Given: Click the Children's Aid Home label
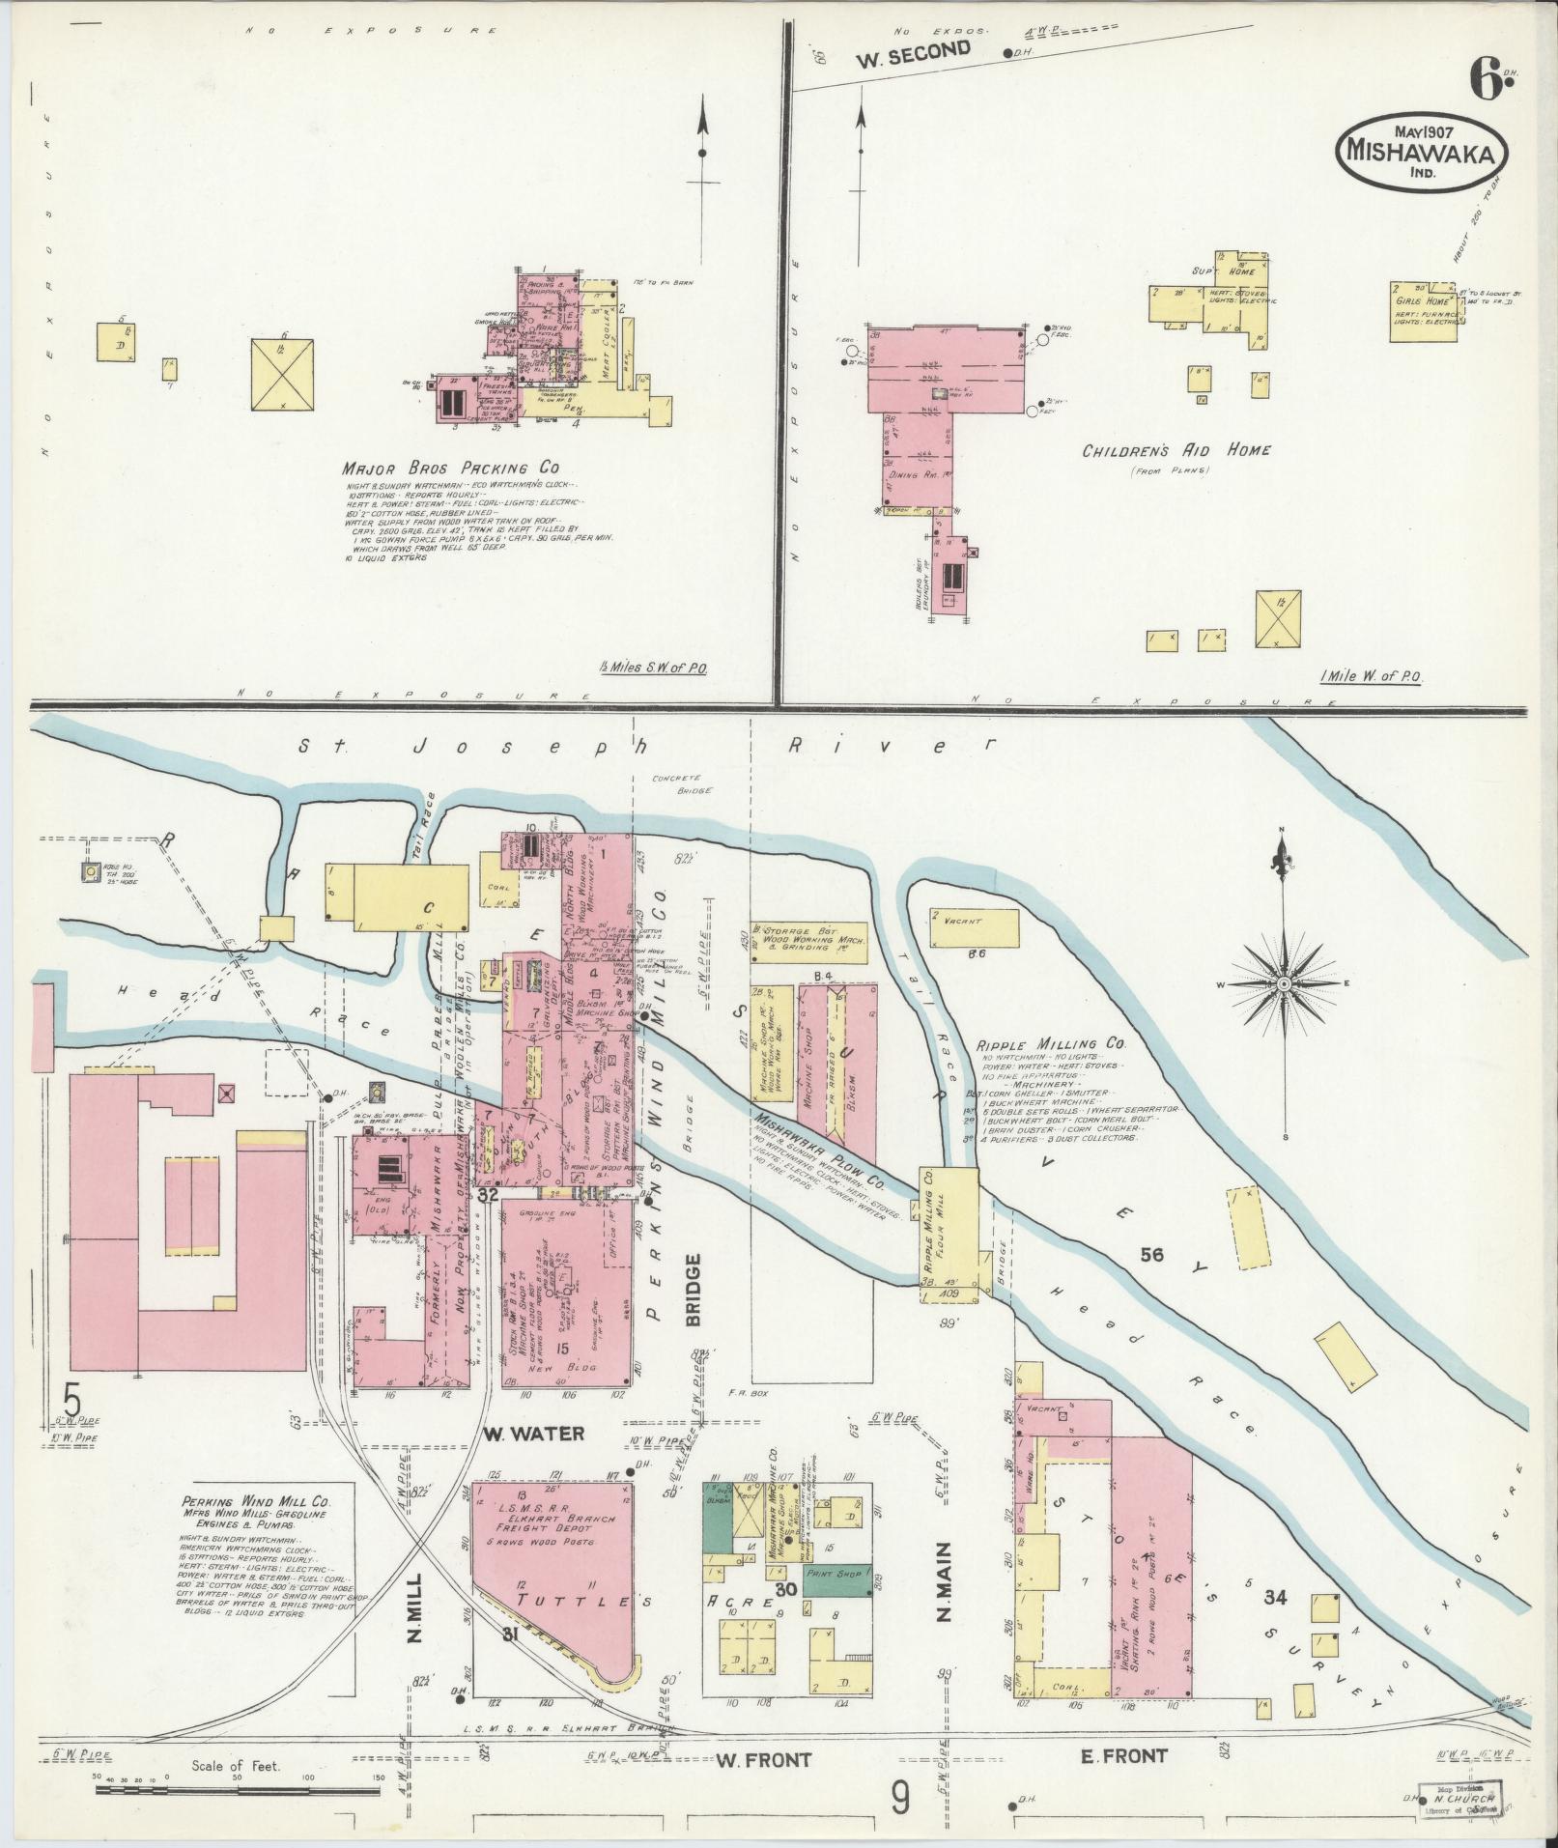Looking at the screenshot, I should [x=1176, y=450].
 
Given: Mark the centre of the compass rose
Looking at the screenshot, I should [x=1284, y=983].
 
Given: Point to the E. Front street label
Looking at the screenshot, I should [x=1123, y=1755].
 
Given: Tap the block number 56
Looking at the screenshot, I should [x=1151, y=1256].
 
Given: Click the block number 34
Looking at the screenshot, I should [x=1275, y=1598].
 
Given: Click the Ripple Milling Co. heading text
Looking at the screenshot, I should [x=1051, y=1044].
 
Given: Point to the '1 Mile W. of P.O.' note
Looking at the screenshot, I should [x=1371, y=677].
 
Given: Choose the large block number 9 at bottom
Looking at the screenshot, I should [x=900, y=1799].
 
